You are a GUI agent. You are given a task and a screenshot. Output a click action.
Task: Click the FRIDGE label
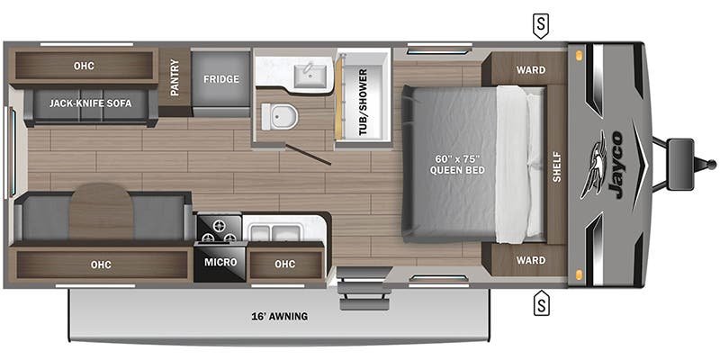pyautogui.click(x=221, y=79)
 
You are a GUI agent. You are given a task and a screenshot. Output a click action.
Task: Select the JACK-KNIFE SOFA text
pyautogui.click(x=91, y=103)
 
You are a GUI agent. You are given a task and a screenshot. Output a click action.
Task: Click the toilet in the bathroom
pyautogui.click(x=279, y=116)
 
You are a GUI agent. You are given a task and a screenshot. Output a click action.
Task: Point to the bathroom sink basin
pyautogui.click(x=310, y=76)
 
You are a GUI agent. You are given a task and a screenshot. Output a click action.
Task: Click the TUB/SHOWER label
pyautogui.click(x=363, y=102)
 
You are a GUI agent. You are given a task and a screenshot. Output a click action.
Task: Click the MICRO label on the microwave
pyautogui.click(x=220, y=262)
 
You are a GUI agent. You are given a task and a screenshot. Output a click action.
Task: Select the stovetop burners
pyautogui.click(x=219, y=229)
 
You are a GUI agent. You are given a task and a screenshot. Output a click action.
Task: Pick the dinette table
pyautogui.click(x=102, y=211)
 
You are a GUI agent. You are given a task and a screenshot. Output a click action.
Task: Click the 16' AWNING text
pyautogui.click(x=279, y=317)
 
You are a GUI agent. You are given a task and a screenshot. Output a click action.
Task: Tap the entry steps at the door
pyautogui.click(x=364, y=289)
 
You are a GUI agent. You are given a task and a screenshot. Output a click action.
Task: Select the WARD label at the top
pyautogui.click(x=531, y=70)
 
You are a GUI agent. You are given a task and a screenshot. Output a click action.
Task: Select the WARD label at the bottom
pyautogui.click(x=531, y=260)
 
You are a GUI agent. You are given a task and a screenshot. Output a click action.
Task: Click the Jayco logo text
pyautogui.click(x=615, y=165)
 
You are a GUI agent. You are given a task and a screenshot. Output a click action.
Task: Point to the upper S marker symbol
pyautogui.click(x=542, y=26)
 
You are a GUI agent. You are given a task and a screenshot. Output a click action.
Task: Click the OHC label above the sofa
pyautogui.click(x=84, y=66)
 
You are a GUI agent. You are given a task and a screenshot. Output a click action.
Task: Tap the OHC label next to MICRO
pyautogui.click(x=284, y=264)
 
